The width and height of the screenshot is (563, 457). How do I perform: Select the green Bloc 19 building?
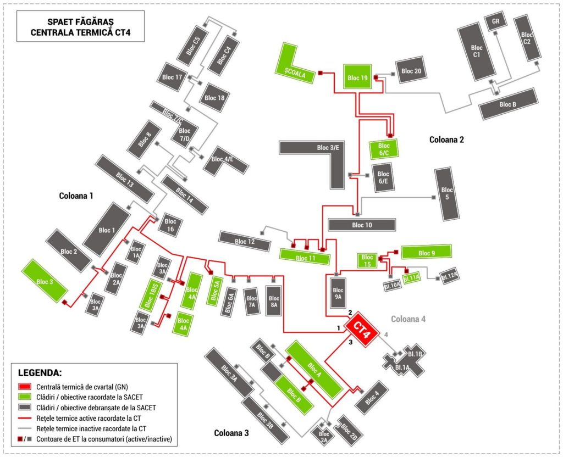point(357,77)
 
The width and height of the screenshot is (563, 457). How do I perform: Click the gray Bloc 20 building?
point(411,71)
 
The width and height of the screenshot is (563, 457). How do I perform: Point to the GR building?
point(495,21)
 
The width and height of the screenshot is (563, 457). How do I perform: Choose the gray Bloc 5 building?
point(447,193)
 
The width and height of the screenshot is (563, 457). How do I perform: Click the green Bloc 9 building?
point(426,253)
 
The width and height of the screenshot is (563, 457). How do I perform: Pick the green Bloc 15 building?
point(367,260)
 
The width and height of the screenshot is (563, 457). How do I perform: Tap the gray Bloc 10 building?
point(361,225)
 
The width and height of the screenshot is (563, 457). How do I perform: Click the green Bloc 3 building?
point(45,281)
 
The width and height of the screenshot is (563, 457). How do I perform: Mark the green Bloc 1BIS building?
point(150,294)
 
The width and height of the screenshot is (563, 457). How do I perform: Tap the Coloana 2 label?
point(446,140)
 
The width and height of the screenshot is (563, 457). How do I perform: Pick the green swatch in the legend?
point(24,397)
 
